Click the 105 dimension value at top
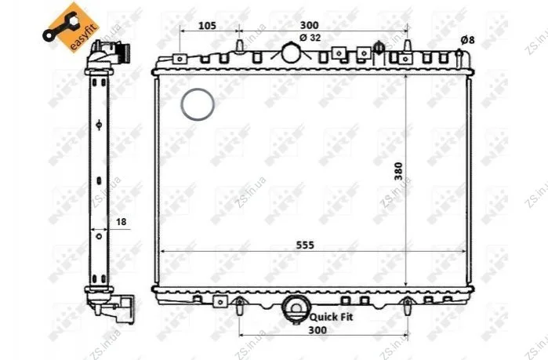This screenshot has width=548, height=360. tap(208, 26)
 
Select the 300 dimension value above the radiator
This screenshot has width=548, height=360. tap(310, 25)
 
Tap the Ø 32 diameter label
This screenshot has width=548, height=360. tap(310, 38)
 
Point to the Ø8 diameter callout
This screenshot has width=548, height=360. tap(467, 40)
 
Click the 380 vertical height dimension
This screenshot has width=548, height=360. tap(398, 171)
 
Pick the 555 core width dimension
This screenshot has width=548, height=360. tap(305, 245)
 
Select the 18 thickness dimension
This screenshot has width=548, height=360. tap(121, 222)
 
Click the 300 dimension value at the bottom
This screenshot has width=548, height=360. tap(318, 330)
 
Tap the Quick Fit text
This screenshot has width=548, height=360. tap(332, 317)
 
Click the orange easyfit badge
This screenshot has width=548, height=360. tap(71, 28)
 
